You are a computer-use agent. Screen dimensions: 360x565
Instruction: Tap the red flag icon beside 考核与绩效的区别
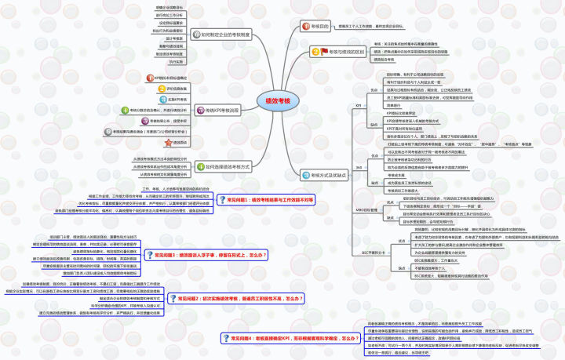coord(312,52)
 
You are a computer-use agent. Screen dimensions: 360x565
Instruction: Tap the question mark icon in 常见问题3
coord(149,255)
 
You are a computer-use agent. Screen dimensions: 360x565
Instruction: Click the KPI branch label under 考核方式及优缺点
coord(359,104)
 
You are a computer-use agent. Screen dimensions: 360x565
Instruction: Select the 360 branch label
coord(359,167)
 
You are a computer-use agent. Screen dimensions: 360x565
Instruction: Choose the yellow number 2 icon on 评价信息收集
coord(158,89)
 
